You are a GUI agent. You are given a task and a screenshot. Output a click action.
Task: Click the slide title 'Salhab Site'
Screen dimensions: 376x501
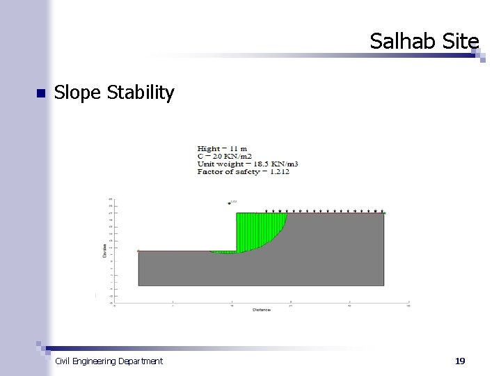point(424,42)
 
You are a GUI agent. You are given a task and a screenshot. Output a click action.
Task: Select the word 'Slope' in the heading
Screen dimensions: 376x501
point(78,93)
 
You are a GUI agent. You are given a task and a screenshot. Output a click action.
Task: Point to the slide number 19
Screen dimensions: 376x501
point(459,361)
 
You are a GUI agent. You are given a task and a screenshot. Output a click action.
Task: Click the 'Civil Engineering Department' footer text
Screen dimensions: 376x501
point(109,361)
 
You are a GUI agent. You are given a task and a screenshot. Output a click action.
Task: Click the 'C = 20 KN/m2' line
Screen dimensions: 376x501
point(224,156)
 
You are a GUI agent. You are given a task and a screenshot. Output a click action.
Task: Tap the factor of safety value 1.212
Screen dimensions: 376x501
point(277,171)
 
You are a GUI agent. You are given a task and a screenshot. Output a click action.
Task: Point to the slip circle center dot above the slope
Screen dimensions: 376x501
point(228,203)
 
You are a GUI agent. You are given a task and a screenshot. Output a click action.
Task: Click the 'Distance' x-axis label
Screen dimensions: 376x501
point(261,309)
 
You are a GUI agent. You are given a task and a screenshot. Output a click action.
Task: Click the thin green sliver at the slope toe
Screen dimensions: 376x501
point(224,252)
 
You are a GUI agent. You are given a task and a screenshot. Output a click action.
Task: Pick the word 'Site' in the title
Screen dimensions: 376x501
point(461,42)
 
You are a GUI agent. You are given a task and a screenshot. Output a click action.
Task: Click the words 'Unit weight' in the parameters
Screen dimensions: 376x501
point(217,164)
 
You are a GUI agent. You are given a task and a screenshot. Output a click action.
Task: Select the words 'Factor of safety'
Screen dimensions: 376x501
point(228,171)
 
